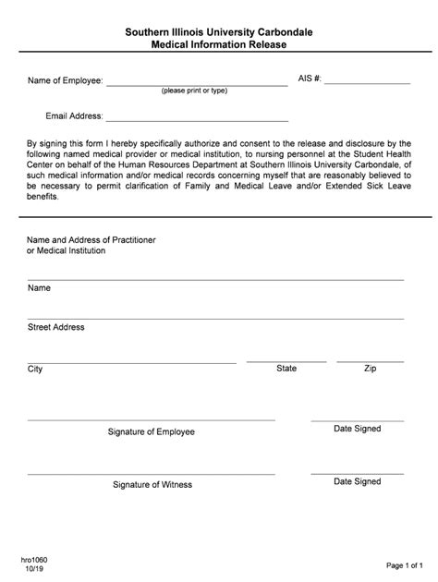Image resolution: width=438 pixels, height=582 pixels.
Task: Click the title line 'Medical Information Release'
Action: coord(219,44)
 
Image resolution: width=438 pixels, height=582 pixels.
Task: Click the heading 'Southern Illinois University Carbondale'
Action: coord(219,31)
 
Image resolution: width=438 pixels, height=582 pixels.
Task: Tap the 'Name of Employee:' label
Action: coord(65,80)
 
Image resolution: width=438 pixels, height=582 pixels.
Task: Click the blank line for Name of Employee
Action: coord(197,84)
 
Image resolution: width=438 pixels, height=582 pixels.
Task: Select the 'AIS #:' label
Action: coord(310,79)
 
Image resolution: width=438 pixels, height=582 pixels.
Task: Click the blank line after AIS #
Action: coord(367,83)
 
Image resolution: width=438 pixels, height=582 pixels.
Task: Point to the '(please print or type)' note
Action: coord(194,91)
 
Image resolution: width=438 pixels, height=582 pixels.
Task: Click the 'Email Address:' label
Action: coord(75,116)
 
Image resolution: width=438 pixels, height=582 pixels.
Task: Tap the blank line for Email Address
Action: coord(197,120)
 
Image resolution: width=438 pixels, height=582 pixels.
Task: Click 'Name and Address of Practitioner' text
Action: coord(91,239)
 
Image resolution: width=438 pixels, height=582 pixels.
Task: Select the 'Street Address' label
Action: coord(56,327)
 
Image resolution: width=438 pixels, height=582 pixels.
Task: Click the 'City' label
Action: coord(35,370)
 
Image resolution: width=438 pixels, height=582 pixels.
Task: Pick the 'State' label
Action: coord(286,369)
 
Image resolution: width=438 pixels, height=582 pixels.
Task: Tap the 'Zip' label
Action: coord(370,369)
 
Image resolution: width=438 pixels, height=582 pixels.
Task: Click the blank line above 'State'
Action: coord(286,360)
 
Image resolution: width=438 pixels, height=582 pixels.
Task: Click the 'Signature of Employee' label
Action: coord(152,431)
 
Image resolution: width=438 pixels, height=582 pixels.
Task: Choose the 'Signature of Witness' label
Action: coord(152,484)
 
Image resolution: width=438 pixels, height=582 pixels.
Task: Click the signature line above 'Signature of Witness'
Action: coord(152,474)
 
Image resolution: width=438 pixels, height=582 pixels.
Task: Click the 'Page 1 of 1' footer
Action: coord(405,565)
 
